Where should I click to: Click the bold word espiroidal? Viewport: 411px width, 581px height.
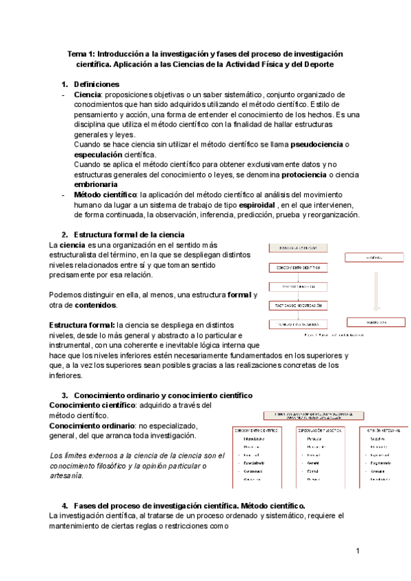pos(257,205)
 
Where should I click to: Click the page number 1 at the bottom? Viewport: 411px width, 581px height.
pos(358,550)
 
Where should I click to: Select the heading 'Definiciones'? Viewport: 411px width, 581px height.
pos(101,84)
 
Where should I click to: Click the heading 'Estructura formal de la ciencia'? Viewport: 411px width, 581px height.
pos(129,234)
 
